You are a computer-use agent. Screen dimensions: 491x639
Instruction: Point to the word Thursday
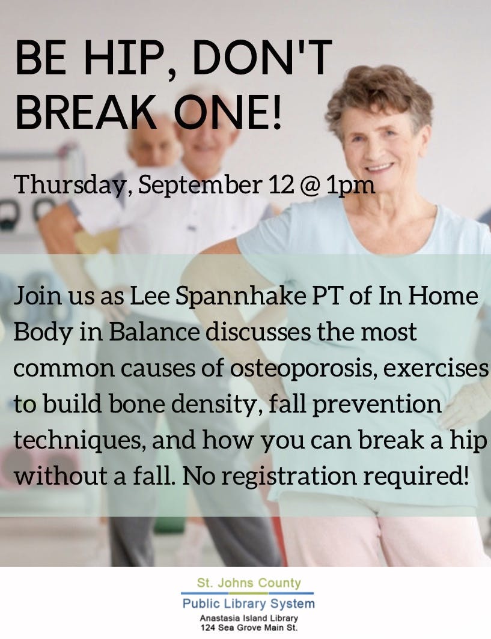pos(72,184)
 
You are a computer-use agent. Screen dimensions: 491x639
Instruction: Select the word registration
pos(288,476)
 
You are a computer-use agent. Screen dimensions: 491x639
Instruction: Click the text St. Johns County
pos(249,583)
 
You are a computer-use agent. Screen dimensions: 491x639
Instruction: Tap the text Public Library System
pos(248,603)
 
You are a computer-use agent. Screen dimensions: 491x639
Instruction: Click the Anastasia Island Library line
pos(249,618)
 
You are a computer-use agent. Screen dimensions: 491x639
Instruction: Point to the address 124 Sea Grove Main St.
pos(249,628)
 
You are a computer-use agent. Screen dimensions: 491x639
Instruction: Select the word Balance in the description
pos(154,333)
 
